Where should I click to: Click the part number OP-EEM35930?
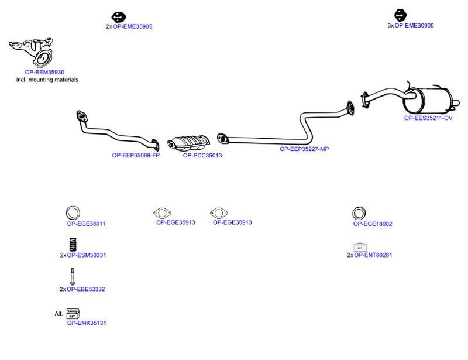click(44, 72)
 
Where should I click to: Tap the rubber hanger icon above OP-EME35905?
click(119, 17)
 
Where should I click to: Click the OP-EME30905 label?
click(414, 25)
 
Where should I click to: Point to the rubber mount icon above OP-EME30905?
click(400, 15)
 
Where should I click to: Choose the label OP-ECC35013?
click(202, 155)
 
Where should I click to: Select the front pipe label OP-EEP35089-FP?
click(136, 155)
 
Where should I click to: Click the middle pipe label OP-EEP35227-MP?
click(304, 149)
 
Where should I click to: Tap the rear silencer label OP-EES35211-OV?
click(428, 118)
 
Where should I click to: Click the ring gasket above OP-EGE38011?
click(73, 213)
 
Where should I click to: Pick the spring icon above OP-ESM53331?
click(73, 245)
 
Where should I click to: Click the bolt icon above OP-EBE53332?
click(73, 276)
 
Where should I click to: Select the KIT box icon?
click(73, 314)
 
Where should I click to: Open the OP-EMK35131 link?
click(87, 323)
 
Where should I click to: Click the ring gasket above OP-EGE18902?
click(359, 213)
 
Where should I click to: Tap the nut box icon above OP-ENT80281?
click(360, 247)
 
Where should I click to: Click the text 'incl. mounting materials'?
click(47, 80)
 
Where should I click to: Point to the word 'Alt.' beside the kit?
click(59, 313)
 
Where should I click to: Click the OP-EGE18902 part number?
click(373, 224)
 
